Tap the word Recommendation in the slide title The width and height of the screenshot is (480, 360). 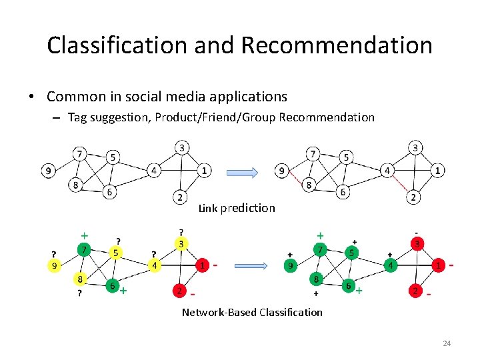pyautogui.click(x=337, y=45)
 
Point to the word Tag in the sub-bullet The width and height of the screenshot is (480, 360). pyautogui.click(x=78, y=117)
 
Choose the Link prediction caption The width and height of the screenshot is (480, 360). pyautogui.click(x=237, y=208)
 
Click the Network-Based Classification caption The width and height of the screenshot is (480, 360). pyautogui.click(x=252, y=312)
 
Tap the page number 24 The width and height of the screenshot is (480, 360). pyautogui.click(x=447, y=343)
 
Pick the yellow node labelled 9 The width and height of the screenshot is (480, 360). pyautogui.click(x=55, y=265)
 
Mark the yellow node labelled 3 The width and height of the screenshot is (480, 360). pyautogui.click(x=181, y=244)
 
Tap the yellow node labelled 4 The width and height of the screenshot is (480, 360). pyautogui.click(x=154, y=266)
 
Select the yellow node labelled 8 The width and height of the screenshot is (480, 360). pyautogui.click(x=81, y=279)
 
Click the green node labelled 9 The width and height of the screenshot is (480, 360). pyautogui.click(x=290, y=266)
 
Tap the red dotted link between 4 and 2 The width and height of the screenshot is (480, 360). pyautogui.click(x=401, y=183)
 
